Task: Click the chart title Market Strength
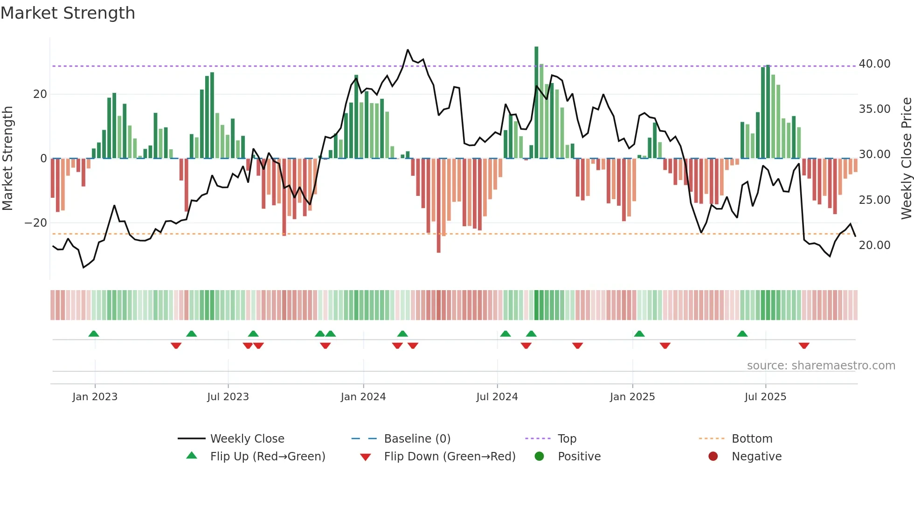68,13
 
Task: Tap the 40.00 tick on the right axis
874,64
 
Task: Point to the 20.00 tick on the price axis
874,245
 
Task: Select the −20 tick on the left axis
36,223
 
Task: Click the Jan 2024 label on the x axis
363,397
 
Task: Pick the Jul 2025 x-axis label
765,397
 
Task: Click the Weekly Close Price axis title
906,159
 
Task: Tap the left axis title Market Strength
7,159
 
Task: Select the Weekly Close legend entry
247,439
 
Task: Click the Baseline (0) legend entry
417,439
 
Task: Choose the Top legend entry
567,439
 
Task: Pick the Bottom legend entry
752,439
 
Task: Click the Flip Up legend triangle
192,456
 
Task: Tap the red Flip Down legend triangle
366,457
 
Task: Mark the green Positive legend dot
539,456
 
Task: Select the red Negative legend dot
713,456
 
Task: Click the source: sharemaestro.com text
821,366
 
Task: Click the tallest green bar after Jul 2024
536,103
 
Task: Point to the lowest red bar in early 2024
438,205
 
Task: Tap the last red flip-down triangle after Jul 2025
803,346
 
